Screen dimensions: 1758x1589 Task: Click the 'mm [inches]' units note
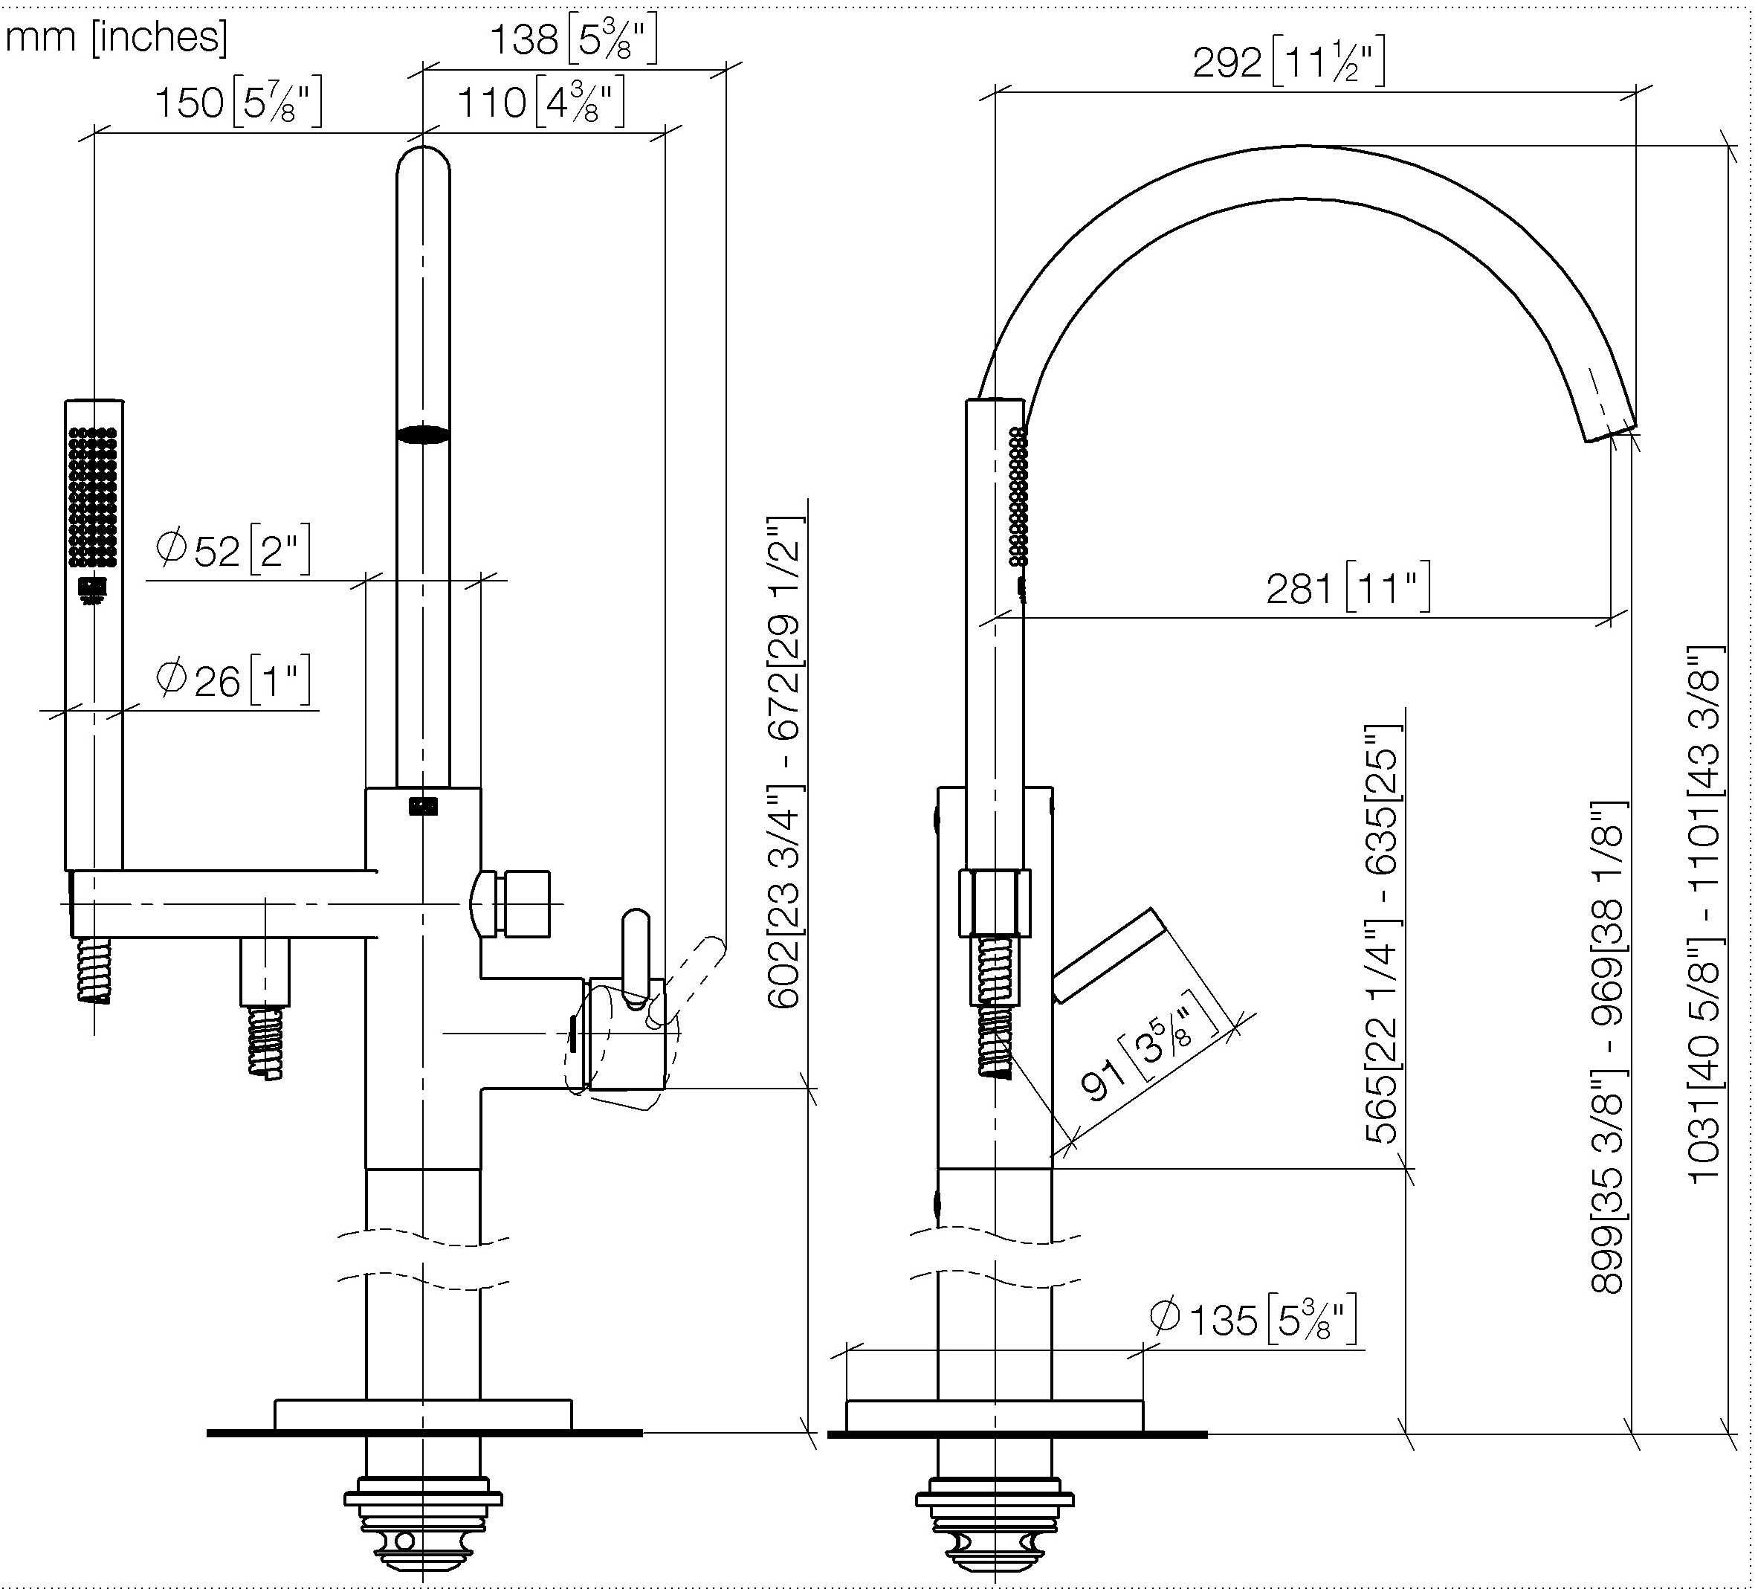[117, 37]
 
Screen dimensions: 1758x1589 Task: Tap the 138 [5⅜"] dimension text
[573, 40]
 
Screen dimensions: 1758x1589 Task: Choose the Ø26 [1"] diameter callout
[233, 680]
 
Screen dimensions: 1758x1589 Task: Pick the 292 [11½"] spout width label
[1289, 62]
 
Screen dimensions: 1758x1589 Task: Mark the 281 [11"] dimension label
[1348, 588]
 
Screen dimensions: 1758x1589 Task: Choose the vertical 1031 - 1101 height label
[1706, 914]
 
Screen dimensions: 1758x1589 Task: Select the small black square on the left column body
[424, 806]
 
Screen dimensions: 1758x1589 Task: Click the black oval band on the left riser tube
[424, 434]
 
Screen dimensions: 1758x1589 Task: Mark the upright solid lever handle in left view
[636, 954]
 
